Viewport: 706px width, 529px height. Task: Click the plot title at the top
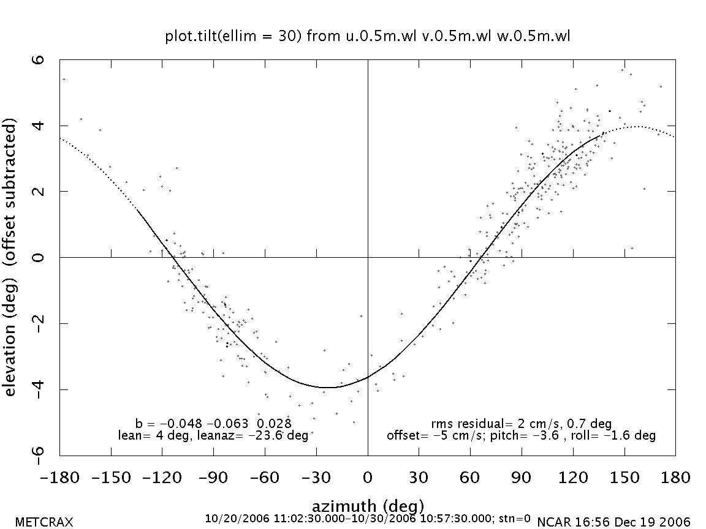368,37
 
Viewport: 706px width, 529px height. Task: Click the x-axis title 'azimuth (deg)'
368,506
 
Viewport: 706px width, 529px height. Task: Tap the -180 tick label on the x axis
59,477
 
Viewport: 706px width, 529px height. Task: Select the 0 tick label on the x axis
368,477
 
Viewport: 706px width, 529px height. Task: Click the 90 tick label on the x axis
522,477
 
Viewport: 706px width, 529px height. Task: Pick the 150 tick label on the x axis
624,477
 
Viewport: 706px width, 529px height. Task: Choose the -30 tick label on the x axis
316,477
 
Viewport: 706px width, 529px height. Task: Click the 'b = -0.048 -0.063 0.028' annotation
213,423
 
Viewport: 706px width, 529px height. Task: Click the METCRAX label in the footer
44,522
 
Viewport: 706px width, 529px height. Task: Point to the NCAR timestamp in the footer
613,522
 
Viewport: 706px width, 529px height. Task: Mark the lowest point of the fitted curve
328,387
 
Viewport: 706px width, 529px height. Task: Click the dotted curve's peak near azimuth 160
637,127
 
